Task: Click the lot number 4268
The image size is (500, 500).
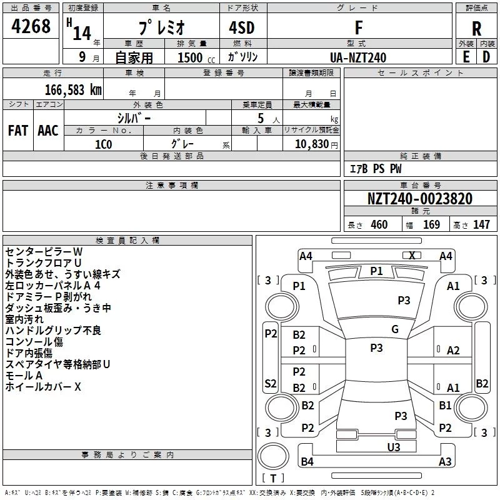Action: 31,26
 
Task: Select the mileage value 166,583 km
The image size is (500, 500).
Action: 73,90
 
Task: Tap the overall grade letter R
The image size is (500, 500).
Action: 476,29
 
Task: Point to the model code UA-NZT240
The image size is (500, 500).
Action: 358,57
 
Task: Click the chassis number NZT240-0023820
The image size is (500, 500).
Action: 419,199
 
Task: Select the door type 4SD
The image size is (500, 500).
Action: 242,27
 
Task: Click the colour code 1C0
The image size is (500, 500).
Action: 104,144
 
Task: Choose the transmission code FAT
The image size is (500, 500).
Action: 18,131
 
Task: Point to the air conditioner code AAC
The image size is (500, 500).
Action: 48,131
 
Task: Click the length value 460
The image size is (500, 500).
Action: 379,224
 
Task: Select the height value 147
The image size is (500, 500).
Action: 481,224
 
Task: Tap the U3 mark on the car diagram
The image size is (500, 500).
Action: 394,447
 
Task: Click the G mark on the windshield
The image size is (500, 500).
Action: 395,329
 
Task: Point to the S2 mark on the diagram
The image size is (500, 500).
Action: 271,383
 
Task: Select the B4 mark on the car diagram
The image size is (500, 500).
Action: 307,461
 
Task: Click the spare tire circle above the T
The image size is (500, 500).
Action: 273,456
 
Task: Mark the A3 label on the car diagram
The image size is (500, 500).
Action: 445,461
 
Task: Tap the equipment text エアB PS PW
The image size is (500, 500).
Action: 376,169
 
